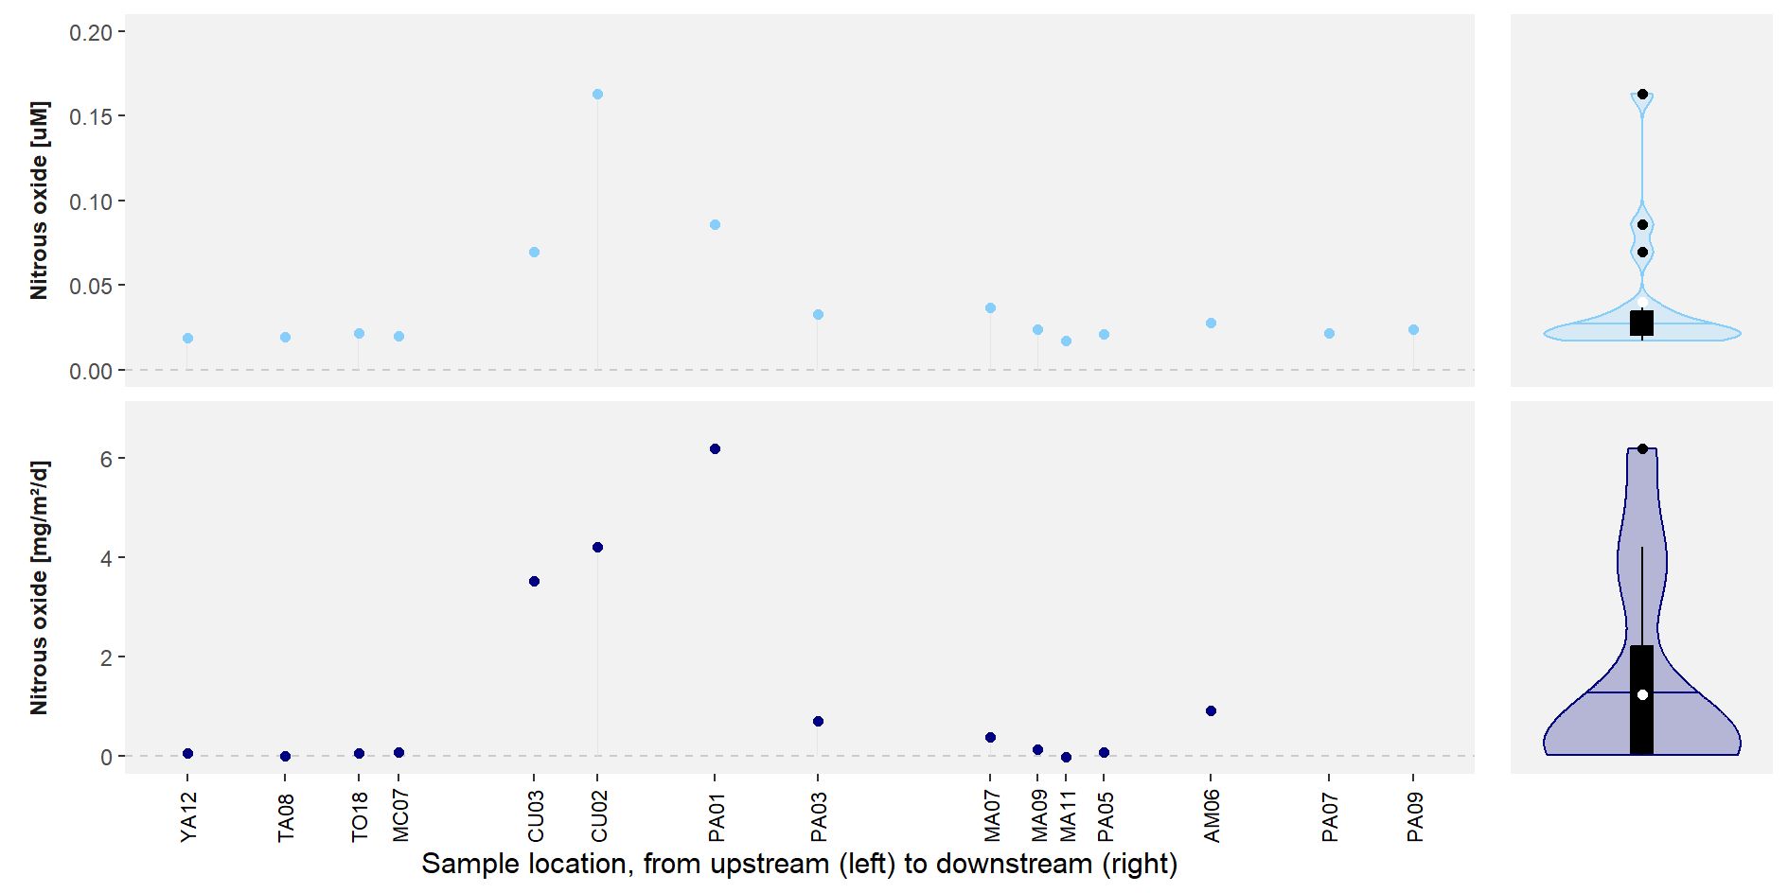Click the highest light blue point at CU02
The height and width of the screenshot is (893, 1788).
[x=597, y=95]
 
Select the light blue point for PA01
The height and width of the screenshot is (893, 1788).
[x=715, y=225]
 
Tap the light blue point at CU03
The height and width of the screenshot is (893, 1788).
[x=534, y=253]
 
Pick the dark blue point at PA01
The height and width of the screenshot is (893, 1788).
[x=715, y=449]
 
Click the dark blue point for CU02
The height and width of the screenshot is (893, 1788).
[x=597, y=548]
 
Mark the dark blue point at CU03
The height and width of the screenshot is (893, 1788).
[x=534, y=582]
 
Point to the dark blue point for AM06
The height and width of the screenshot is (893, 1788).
[x=1211, y=711]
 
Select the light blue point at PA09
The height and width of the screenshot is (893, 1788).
[x=1413, y=330]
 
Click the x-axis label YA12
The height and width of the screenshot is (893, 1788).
[x=188, y=817]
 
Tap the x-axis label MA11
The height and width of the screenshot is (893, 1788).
[x=1067, y=816]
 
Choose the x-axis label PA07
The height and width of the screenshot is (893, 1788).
[x=1330, y=817]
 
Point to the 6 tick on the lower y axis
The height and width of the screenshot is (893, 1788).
[x=106, y=459]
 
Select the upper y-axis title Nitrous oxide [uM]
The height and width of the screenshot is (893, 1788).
[x=39, y=201]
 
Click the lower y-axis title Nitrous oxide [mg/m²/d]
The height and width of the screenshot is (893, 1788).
[x=39, y=587]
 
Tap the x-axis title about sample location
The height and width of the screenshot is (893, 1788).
[x=799, y=864]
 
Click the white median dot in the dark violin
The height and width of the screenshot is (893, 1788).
[x=1642, y=695]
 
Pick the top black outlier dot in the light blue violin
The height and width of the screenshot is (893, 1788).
[x=1642, y=95]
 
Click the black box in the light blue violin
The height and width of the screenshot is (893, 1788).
[x=1642, y=323]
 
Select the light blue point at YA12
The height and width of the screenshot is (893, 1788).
[x=187, y=339]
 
